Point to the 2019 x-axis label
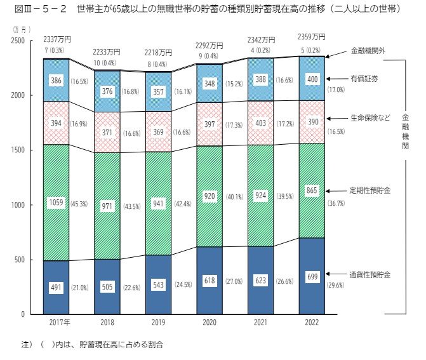pos(159,323)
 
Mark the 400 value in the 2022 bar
pos(311,79)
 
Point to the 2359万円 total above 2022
pos(311,36)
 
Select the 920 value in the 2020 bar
pos(210,196)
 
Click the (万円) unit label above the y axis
pos(20,29)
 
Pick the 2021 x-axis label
pos(260,323)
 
